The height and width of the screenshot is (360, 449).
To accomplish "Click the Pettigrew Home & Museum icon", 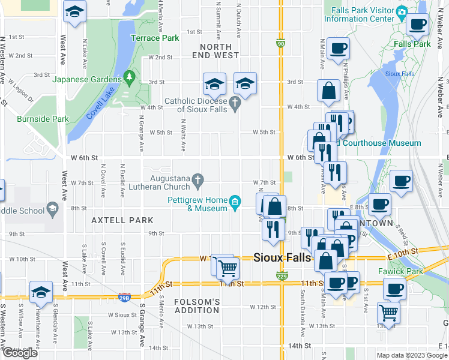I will (235, 200).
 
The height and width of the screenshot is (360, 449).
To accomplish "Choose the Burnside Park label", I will (43, 119).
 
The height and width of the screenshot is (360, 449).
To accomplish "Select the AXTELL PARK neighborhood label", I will (122, 220).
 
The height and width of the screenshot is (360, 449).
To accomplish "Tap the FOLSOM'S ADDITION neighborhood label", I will (196, 305).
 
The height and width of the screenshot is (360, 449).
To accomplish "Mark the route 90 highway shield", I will (281, 43).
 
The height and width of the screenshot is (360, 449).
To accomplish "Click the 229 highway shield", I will (281, 275).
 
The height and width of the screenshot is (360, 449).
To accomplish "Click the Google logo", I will (20, 353).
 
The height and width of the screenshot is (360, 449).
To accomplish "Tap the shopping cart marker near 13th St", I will (388, 313).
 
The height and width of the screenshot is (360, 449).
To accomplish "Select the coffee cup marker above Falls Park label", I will (417, 25).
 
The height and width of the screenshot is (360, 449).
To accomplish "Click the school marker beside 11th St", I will (41, 293).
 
